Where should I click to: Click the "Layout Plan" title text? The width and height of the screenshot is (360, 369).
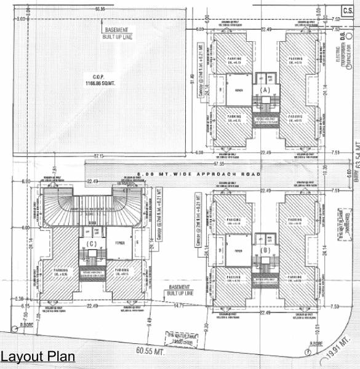pyautogui.click(x=38, y=357)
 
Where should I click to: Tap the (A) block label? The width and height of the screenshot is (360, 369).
pyautogui.click(x=266, y=90)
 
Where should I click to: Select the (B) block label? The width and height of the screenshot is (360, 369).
pyautogui.click(x=266, y=251)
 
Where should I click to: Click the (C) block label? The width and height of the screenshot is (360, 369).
pyautogui.click(x=92, y=244)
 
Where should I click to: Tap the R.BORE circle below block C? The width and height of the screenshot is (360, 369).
pyautogui.click(x=13, y=327)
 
